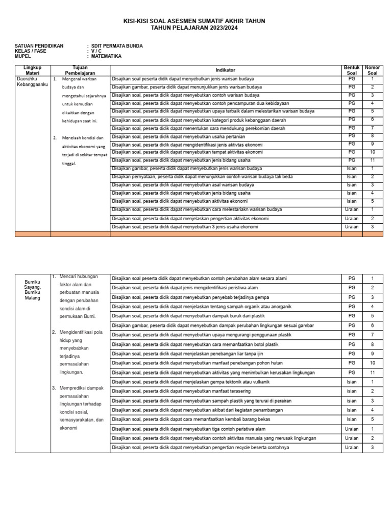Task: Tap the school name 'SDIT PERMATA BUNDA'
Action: [117, 46]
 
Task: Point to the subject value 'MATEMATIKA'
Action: [106, 56]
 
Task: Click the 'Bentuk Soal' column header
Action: [352, 70]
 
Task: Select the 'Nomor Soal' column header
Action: [372, 70]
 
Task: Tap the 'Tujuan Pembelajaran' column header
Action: [80, 70]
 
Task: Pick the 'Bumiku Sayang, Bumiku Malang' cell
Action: [32, 287]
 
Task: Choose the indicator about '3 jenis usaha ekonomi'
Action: [185, 227]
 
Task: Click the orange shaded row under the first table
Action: [196, 234]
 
